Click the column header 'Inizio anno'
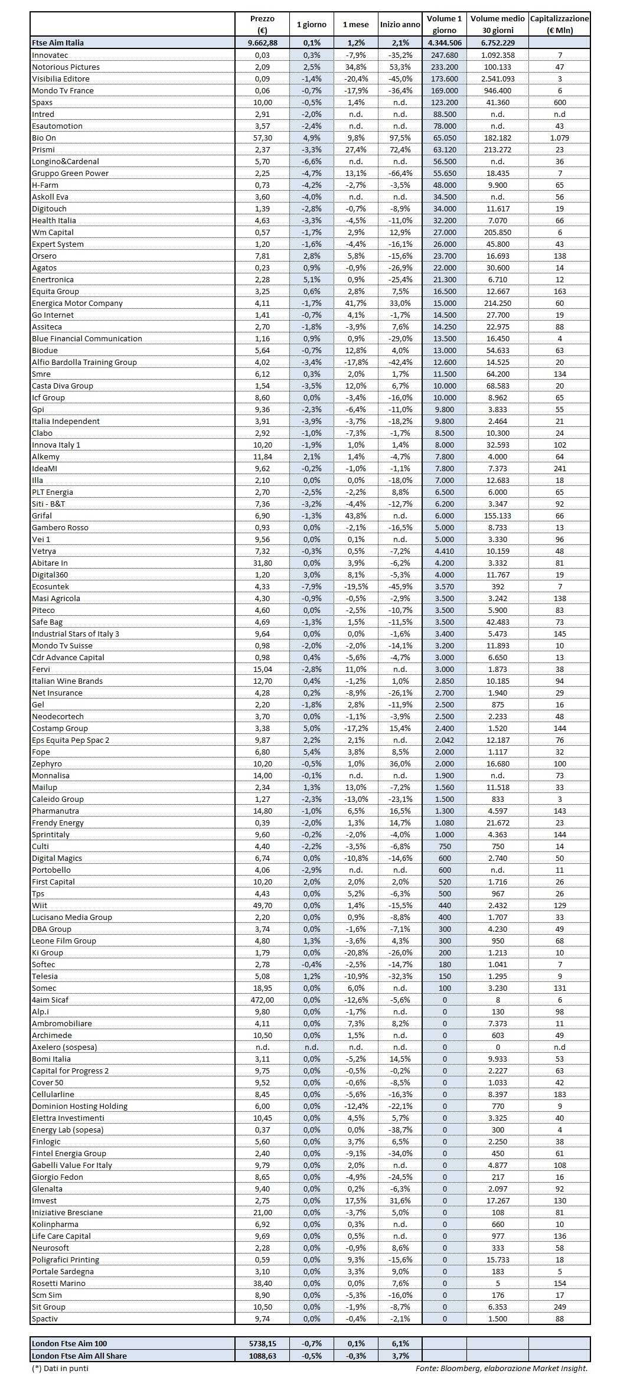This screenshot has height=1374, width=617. [400, 25]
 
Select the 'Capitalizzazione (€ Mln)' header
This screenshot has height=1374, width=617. [559, 25]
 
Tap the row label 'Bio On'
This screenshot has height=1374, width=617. [44, 138]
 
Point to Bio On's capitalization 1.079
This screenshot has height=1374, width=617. [559, 138]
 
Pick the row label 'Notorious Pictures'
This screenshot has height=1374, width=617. [66, 67]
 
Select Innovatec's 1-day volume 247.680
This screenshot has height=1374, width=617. [445, 55]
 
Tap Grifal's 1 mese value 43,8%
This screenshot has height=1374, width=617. [355, 515]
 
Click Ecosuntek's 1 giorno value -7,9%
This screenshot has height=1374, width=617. [311, 586]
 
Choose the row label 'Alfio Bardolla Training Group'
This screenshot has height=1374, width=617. [84, 362]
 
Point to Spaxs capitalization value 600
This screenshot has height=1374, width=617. [559, 102]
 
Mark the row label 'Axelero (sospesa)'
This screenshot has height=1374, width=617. [64, 1047]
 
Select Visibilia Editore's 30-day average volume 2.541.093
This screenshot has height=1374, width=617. [498, 79]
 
